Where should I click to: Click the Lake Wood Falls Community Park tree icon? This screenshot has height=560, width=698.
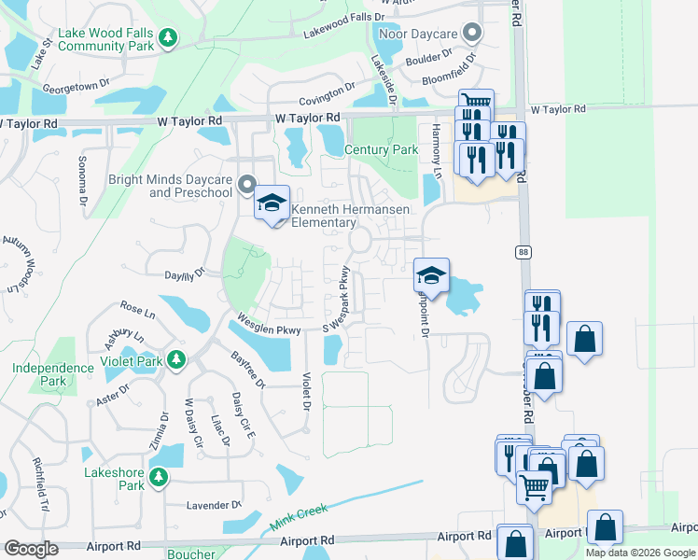tap(167, 37)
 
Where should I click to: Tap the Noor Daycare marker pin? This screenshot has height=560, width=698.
tap(472, 35)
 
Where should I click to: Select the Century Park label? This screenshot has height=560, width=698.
tap(382, 149)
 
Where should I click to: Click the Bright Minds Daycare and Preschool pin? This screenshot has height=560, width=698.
tap(247, 183)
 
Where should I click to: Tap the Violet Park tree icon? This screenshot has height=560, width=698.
tap(175, 360)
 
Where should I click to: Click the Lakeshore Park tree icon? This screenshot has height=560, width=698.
tap(159, 478)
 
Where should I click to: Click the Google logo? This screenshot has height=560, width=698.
tap(32, 549)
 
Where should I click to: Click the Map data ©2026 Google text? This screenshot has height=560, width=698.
tap(640, 553)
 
